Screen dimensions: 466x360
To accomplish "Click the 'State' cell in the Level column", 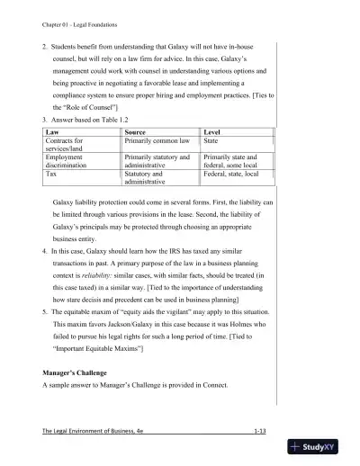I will tap(213, 140).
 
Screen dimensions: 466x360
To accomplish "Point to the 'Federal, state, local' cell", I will tap(233, 174).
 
